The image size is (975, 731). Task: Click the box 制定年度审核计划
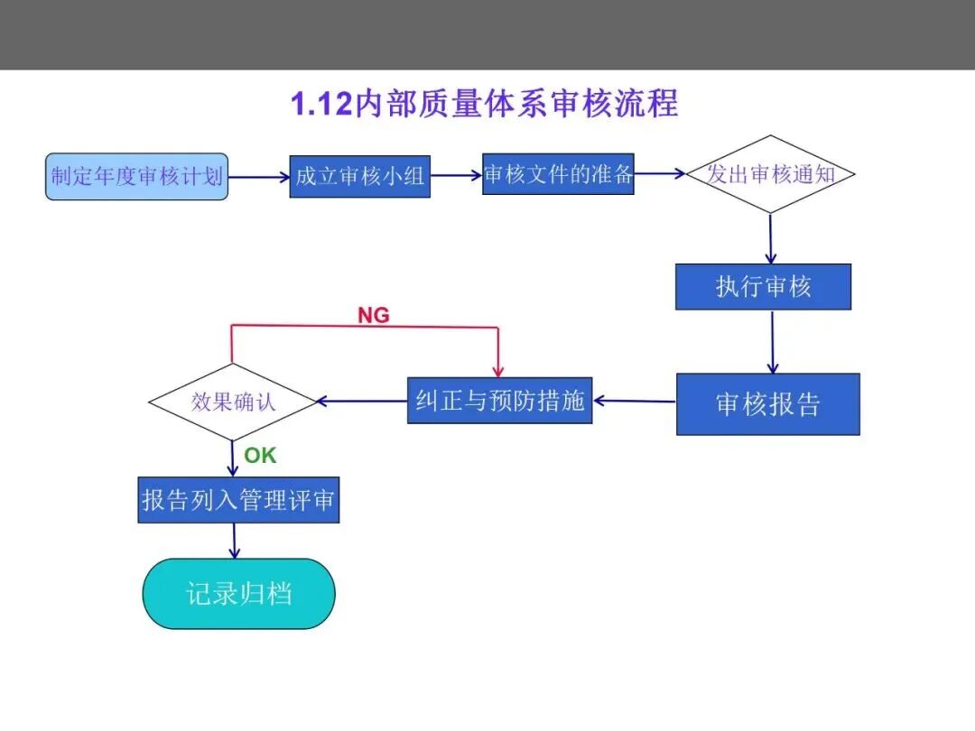137,177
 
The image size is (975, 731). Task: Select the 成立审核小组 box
360,177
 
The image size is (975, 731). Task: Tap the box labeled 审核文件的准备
559,174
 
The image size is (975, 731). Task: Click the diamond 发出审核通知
770,174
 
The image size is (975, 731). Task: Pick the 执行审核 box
764,287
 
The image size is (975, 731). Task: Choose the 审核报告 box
768,404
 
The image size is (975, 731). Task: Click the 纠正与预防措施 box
500,401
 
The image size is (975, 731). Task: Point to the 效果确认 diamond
233,403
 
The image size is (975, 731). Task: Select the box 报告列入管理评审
238,500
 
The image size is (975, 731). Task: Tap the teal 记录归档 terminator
238,594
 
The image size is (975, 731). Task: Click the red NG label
374,315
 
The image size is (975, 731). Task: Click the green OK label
260,456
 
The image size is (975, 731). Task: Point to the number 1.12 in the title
321,104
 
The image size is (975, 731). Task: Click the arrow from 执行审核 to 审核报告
772,342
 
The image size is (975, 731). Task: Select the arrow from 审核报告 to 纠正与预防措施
635,401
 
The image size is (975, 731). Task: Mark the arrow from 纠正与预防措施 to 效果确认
362,401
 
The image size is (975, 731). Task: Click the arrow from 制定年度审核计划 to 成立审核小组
259,177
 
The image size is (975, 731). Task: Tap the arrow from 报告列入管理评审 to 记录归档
235,541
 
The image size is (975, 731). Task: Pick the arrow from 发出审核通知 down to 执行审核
770,238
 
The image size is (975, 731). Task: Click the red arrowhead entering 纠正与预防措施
498,372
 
